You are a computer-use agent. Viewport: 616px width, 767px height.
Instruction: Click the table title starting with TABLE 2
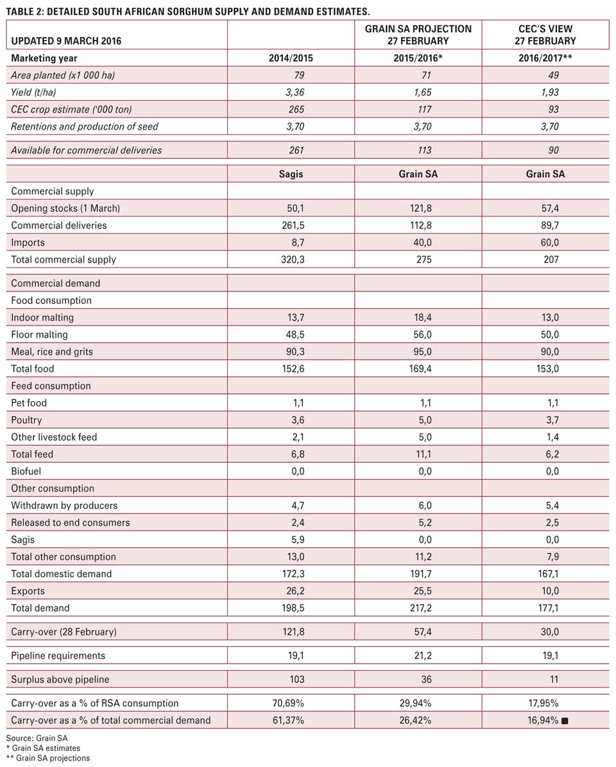pos(188,11)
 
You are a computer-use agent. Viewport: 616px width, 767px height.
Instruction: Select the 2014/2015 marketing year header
pos(291,58)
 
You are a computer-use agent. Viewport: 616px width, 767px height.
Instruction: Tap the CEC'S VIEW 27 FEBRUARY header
pos(545,35)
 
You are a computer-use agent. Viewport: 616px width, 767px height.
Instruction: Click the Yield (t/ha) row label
pos(33,92)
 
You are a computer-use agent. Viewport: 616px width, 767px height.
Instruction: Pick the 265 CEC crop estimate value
pos(296,110)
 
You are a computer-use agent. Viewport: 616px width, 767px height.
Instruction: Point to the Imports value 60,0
pos(549,243)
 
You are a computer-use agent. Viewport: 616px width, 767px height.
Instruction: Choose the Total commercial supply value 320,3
pos(293,260)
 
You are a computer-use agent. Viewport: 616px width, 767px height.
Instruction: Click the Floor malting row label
pos(39,334)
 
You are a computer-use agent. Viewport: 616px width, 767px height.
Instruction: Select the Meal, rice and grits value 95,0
pos(422,352)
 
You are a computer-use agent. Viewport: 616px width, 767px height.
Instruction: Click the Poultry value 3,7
pos(552,420)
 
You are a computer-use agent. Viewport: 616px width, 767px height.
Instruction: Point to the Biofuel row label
pos(26,472)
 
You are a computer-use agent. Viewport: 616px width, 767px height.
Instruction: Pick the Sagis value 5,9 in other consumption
pos(297,540)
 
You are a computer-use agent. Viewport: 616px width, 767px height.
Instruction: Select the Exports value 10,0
pos(549,591)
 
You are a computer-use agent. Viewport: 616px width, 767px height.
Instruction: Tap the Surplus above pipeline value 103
pos(296,680)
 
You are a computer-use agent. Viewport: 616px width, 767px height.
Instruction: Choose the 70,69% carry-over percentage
pos(288,704)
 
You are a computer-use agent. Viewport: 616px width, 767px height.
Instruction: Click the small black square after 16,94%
pos(565,721)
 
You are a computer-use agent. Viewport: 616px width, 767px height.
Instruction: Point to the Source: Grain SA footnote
pos(37,738)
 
